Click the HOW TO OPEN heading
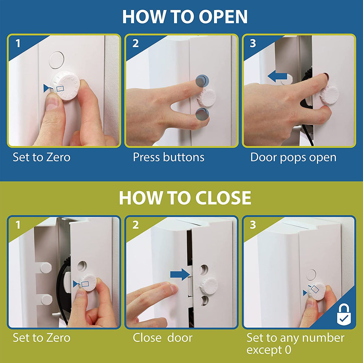(185, 17)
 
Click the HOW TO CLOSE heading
(185, 198)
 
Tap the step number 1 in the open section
(18, 44)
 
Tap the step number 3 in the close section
(253, 225)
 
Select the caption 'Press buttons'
(168, 157)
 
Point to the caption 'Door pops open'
(293, 157)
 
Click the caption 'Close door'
(162, 338)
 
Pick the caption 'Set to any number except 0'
(295, 343)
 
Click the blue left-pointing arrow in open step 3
(277, 77)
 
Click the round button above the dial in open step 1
(56, 59)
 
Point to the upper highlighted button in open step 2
(202, 80)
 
